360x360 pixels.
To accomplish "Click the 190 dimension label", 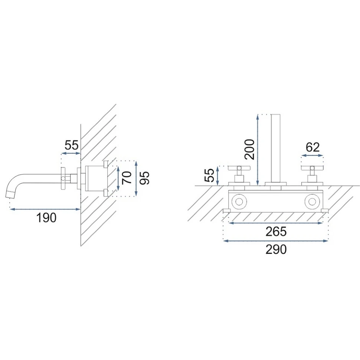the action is (46, 217).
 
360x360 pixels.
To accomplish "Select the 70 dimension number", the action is (127, 177).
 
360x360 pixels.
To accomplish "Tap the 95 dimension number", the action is (144, 178).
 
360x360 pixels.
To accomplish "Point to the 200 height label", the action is (249, 149).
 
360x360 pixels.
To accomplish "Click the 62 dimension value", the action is (313, 147).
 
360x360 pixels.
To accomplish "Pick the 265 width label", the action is (276, 232).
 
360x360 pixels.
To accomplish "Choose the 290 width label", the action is (276, 249).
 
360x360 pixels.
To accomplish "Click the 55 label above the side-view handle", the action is (71, 145).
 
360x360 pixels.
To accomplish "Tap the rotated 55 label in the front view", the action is (209, 175).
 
